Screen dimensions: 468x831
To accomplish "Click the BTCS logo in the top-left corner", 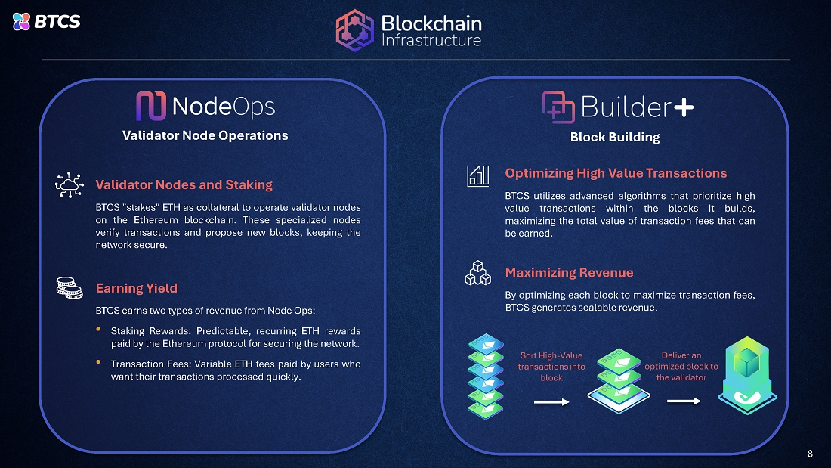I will (x=46, y=21).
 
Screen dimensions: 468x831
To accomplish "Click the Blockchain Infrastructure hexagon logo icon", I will (x=354, y=30).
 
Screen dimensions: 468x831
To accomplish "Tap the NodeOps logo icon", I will (x=150, y=107).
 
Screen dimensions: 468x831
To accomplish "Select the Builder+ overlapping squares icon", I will (x=558, y=107).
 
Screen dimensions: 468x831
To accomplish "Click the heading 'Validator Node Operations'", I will (x=205, y=136).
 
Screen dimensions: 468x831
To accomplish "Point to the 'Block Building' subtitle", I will (x=615, y=137).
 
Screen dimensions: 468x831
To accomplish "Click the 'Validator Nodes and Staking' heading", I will (x=184, y=184).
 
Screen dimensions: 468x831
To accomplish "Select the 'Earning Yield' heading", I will (x=137, y=288).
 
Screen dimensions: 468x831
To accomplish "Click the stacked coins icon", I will (x=69, y=287).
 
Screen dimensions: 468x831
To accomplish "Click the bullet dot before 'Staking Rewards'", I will (x=99, y=330).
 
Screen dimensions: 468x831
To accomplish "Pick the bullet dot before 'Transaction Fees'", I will (x=99, y=362).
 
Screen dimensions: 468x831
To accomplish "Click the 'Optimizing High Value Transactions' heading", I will (x=616, y=174).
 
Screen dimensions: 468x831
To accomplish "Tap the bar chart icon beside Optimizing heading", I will (x=477, y=175).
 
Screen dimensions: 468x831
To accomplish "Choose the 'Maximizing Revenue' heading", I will (x=569, y=273).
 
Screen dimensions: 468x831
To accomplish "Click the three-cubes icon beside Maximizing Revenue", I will (x=477, y=274).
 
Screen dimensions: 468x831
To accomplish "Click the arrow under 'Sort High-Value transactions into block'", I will (x=551, y=402).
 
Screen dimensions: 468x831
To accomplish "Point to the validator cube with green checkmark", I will (x=749, y=376).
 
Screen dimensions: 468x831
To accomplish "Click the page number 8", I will (x=810, y=454).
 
